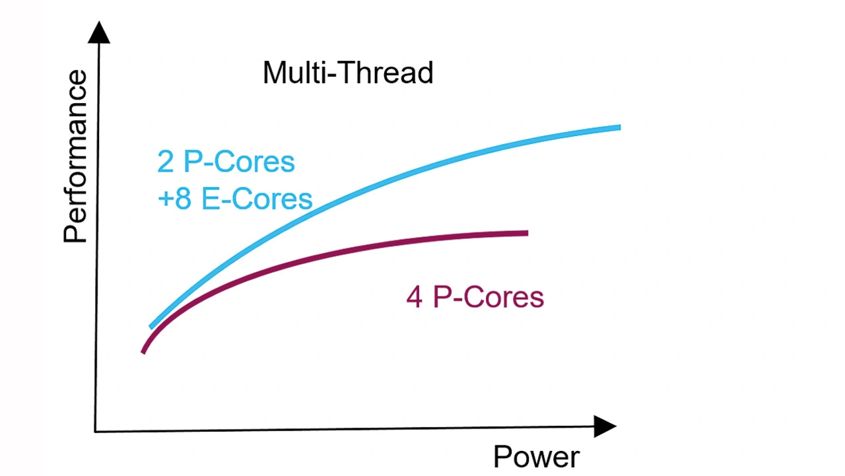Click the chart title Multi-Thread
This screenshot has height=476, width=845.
[x=348, y=73]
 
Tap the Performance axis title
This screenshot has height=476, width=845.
[x=75, y=156]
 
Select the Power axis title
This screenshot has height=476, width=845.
[x=537, y=457]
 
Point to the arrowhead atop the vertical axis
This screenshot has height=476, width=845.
[x=99, y=32]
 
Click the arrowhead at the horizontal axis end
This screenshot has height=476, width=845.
[x=605, y=426]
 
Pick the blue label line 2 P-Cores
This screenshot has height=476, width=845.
[x=226, y=162]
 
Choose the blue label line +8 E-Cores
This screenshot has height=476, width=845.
[x=235, y=199]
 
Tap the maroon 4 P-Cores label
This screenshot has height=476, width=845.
[x=475, y=297]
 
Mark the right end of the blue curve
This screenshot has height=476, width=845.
[x=620, y=127]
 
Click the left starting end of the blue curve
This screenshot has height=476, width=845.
[x=151, y=327]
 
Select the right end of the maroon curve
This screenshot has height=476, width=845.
[x=527, y=233]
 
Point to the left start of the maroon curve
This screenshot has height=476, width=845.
[x=143, y=353]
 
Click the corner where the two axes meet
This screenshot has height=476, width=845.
[x=94, y=432]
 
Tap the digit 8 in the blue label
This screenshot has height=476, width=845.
[x=183, y=199]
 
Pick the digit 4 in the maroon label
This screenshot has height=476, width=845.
[x=414, y=297]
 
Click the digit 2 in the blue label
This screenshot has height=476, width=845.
[x=165, y=162]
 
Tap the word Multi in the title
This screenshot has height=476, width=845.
[x=292, y=73]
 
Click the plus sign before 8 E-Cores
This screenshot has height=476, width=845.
[x=166, y=199]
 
